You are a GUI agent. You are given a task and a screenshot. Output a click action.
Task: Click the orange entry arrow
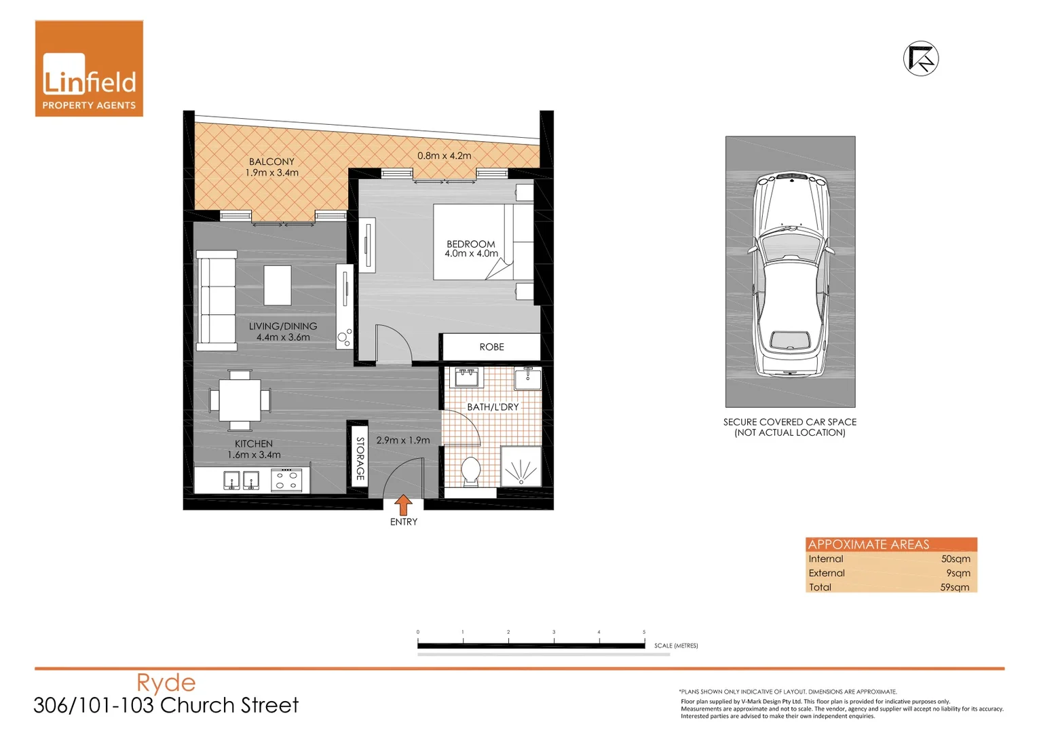click(x=403, y=504)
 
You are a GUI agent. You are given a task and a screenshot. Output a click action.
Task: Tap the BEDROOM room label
click(x=470, y=244)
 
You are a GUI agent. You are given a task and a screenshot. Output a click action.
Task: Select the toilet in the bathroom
click(x=470, y=471)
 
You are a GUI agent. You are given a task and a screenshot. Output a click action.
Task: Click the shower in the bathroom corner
click(x=521, y=466)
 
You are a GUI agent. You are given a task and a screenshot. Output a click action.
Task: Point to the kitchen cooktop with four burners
click(x=286, y=481)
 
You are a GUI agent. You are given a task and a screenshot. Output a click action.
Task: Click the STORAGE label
click(x=360, y=459)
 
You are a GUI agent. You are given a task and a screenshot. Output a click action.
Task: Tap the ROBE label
click(x=491, y=347)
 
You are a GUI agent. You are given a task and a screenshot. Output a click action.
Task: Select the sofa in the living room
click(x=216, y=300)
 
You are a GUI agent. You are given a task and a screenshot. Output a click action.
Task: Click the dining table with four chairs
click(x=240, y=400)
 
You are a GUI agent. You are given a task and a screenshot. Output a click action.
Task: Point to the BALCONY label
click(x=271, y=162)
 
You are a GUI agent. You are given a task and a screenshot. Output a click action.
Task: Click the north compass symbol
click(x=921, y=59)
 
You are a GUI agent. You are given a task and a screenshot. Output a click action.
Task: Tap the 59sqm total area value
click(x=954, y=587)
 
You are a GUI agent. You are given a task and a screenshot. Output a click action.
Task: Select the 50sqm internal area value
click(x=955, y=559)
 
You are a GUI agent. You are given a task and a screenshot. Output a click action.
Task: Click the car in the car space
click(x=791, y=275)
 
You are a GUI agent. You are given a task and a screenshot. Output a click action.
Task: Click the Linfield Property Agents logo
click(x=89, y=69)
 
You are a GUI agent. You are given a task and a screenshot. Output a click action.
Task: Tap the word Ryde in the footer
click(x=166, y=683)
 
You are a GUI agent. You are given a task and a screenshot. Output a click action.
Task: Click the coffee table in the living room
click(x=278, y=285)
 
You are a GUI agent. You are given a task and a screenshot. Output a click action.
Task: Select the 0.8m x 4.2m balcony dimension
click(x=444, y=155)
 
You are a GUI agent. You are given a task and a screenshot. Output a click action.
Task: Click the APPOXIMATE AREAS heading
click(x=868, y=544)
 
